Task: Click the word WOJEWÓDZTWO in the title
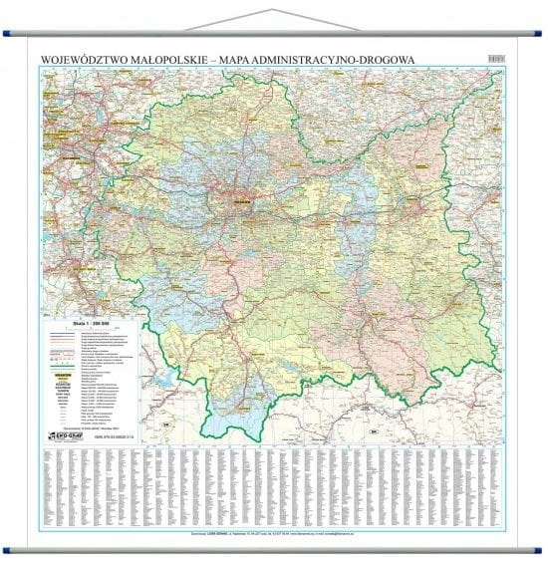[88, 58]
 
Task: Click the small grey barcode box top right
[496, 58]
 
